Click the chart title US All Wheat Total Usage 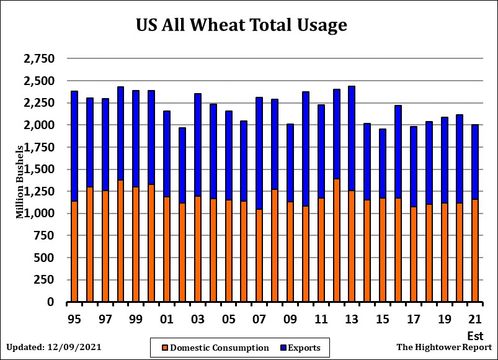coord(241,25)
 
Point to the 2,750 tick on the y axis coord(39,59)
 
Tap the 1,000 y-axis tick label coord(39,214)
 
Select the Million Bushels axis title coord(20,182)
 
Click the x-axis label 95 coord(74,320)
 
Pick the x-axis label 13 coord(352,320)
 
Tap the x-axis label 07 coord(259,320)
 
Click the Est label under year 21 coord(475,336)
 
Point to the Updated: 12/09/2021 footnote coord(54,347)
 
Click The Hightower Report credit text coord(444,347)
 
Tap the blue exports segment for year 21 coord(475,161)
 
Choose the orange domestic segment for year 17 coord(414,254)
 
